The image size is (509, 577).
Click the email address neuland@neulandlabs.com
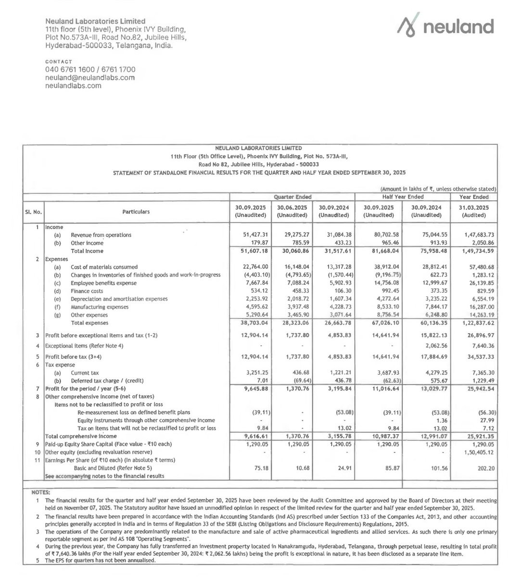point(90,77)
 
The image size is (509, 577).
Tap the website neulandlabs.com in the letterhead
point(73,86)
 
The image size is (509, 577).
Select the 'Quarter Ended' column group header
point(293,197)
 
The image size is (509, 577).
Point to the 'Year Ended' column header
point(473,197)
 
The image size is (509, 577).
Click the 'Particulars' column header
point(136,212)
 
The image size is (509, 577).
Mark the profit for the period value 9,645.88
point(252,389)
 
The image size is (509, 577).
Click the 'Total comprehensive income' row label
point(81,436)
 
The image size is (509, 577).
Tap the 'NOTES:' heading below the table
point(40,492)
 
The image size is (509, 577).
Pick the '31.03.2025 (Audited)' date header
point(473,212)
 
